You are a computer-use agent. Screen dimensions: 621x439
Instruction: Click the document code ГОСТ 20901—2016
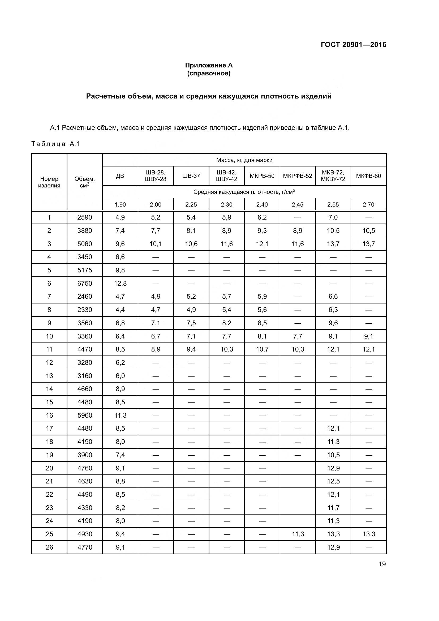(x=353, y=45)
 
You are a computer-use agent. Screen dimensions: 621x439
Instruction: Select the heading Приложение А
(x=209, y=65)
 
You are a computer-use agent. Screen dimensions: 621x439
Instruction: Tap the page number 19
(x=382, y=564)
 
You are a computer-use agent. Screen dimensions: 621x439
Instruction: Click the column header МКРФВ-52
(x=297, y=176)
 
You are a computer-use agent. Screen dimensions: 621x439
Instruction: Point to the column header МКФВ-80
(x=368, y=176)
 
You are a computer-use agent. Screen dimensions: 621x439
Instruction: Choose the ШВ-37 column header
(x=191, y=176)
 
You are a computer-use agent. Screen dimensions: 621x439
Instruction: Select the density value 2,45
(x=297, y=204)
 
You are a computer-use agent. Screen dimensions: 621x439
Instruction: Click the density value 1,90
(x=120, y=204)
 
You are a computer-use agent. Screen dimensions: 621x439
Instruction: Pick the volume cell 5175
(x=85, y=270)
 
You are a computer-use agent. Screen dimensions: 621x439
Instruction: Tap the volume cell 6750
(x=85, y=284)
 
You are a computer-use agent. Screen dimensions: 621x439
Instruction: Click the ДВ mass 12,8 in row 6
(x=120, y=284)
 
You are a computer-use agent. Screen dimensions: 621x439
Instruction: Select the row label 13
(x=49, y=376)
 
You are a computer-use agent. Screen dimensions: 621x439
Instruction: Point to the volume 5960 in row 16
(x=85, y=415)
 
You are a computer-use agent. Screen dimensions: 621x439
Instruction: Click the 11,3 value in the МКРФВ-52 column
(x=298, y=534)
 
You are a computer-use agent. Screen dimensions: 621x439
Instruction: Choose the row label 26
(x=49, y=547)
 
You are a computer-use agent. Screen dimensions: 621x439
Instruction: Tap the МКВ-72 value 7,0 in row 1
(x=333, y=217)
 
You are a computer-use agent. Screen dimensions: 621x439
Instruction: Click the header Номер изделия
(x=49, y=182)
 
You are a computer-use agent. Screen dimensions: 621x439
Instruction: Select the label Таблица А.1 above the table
(x=55, y=144)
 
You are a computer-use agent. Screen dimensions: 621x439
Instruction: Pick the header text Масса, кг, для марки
(x=244, y=160)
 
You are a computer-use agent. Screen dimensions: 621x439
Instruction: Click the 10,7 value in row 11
(x=262, y=349)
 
